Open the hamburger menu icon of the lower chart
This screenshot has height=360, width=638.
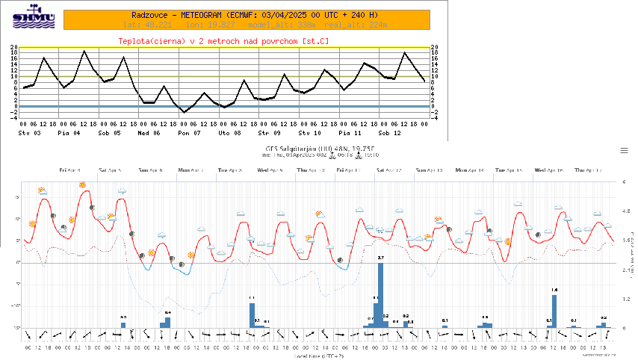tap(624, 150)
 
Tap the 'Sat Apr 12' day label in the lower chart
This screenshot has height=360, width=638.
tap(389, 170)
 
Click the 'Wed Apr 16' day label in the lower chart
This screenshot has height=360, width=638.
tap(549, 170)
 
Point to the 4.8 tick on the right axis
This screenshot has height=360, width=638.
tap(628, 211)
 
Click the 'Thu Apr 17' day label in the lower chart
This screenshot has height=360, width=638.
tap(589, 170)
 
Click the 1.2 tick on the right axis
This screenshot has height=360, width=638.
tap(628, 299)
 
